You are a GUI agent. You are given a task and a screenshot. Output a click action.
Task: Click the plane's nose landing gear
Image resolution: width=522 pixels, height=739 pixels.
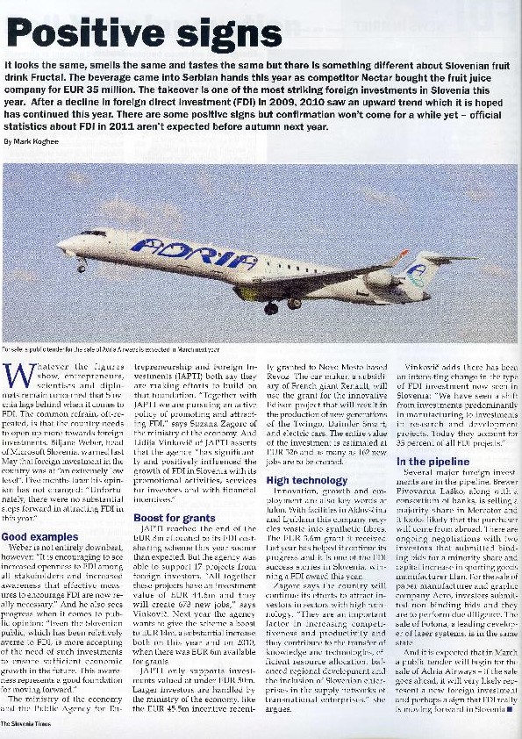tap(82, 266)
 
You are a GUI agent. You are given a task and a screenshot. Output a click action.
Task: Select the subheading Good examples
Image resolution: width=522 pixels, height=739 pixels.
tap(39, 536)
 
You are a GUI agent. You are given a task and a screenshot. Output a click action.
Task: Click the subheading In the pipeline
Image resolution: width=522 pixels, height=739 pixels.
tap(433, 461)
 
